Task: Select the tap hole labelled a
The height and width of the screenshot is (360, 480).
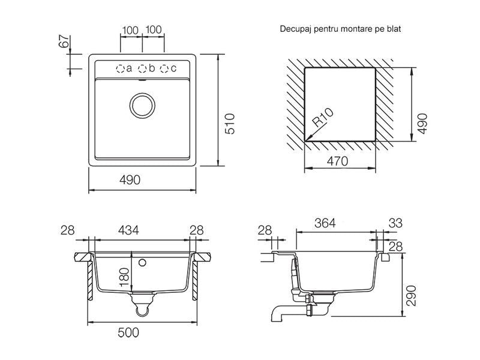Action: click(120, 68)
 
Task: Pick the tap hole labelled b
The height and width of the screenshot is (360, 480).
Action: click(142, 68)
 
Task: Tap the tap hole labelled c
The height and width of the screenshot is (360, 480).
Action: click(164, 68)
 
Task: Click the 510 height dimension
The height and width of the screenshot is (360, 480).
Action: click(230, 124)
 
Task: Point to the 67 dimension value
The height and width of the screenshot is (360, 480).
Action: click(64, 41)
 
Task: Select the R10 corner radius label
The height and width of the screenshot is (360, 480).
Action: click(323, 118)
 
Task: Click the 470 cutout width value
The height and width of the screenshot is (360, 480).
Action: click(337, 161)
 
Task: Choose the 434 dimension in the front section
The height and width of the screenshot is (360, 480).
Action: click(128, 230)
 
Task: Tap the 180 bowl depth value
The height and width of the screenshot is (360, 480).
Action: click(125, 277)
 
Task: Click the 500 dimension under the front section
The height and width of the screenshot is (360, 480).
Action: click(128, 332)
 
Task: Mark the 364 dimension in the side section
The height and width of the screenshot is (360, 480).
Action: click(325, 223)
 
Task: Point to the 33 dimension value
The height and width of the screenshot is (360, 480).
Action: click(395, 223)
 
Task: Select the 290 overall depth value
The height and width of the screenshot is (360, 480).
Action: click(412, 296)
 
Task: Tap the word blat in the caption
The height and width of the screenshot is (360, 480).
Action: click(394, 29)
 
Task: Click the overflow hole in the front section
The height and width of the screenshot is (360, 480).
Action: click(142, 262)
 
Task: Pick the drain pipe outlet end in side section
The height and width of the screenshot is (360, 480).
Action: click(276, 317)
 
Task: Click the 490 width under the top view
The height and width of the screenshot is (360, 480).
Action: click(130, 180)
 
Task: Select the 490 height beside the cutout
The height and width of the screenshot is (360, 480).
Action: click(423, 124)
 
